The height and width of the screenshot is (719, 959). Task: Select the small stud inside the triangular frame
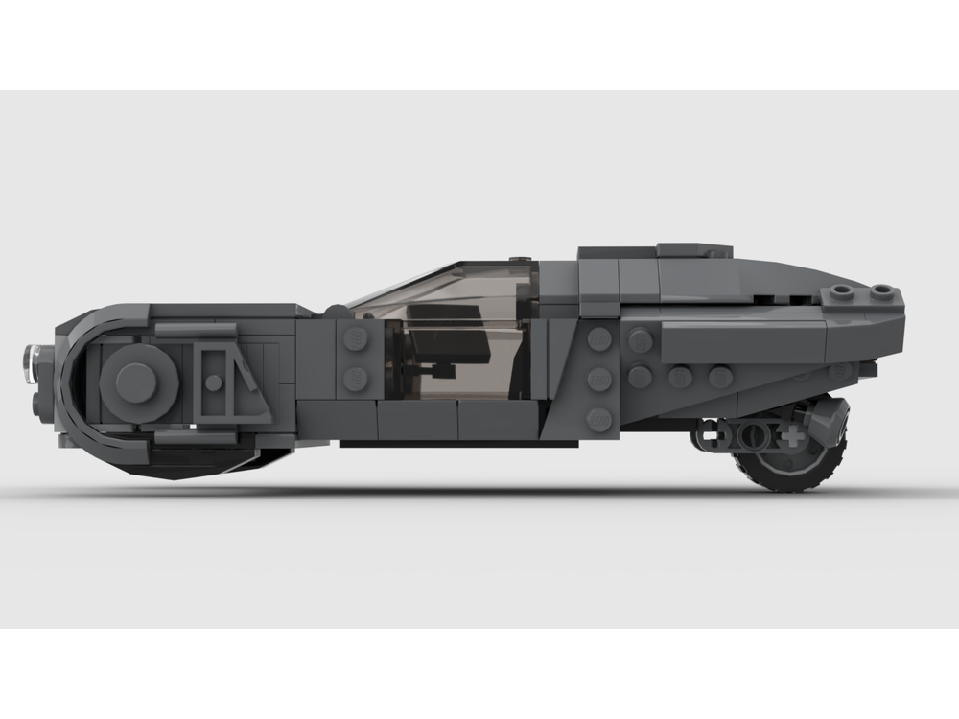point(213,383)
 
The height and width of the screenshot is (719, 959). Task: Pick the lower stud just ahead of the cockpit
point(356,379)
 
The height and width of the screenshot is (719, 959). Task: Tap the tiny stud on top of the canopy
point(519,259)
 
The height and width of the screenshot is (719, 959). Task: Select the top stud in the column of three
point(599,338)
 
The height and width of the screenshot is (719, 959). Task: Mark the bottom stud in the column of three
point(599,419)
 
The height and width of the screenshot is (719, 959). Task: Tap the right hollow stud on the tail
point(883,291)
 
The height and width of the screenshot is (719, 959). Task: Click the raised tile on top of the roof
point(658,252)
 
